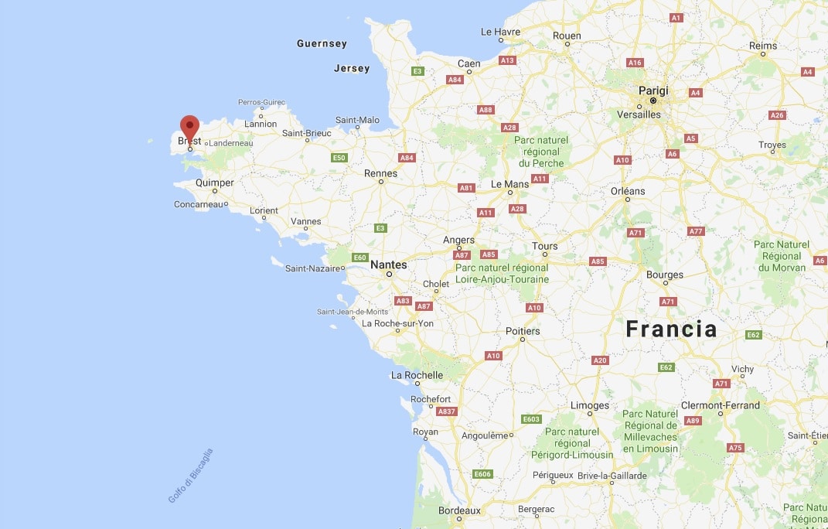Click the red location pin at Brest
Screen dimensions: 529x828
(189, 127)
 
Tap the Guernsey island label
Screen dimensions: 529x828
(322, 44)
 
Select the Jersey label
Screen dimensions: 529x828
(352, 69)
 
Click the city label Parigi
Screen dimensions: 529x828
(653, 90)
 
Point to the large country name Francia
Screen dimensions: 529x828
(671, 329)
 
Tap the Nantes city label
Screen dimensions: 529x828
(388, 264)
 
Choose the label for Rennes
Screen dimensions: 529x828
(380, 174)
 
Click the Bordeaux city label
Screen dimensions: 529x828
(459, 510)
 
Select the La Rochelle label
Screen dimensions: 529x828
(417, 375)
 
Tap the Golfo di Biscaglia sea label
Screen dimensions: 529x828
(190, 476)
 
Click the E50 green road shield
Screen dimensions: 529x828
(339, 158)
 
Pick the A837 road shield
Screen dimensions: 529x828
(447, 411)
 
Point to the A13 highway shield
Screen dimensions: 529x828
(507, 60)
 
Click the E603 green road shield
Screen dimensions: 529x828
(531, 419)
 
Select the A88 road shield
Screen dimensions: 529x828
(486, 110)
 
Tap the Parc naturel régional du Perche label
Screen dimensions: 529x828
(541, 152)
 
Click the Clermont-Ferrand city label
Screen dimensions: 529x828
(720, 405)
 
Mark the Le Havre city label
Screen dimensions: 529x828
(500, 32)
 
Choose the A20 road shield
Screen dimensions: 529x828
(599, 360)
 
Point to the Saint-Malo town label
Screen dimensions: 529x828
(357, 120)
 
